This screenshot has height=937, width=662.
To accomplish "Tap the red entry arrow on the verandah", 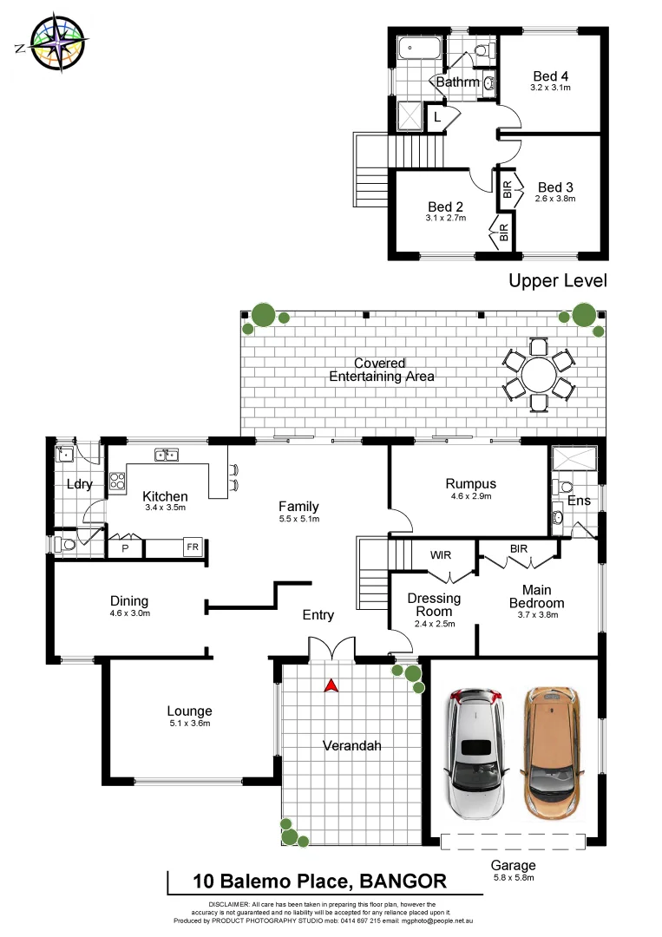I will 330,685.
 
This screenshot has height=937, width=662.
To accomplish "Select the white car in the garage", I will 475,753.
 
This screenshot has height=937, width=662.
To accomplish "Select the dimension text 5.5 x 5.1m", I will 298,519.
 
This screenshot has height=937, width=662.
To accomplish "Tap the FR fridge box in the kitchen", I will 191,548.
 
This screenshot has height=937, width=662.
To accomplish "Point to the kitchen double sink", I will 166,454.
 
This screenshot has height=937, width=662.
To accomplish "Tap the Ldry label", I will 79,484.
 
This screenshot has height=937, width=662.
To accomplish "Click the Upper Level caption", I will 557,280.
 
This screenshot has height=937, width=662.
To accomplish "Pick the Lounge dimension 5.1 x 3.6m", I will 190,723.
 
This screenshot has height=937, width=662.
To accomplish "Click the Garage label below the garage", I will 513,865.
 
